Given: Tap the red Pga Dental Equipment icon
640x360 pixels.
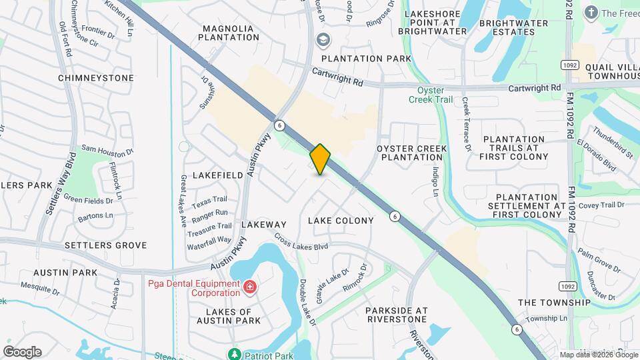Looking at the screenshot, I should [250, 287].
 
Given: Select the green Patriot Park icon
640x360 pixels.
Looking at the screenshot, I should [234, 354].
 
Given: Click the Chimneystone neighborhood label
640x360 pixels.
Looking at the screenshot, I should [96, 78].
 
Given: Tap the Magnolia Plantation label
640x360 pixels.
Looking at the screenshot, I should [231, 33].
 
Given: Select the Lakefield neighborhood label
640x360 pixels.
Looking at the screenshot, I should [218, 175].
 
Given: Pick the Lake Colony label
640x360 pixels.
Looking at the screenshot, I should [341, 220].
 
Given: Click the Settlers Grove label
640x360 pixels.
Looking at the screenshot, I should [105, 245].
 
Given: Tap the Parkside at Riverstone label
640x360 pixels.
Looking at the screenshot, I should [396, 315].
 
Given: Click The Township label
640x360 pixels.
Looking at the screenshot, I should [554, 302].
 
